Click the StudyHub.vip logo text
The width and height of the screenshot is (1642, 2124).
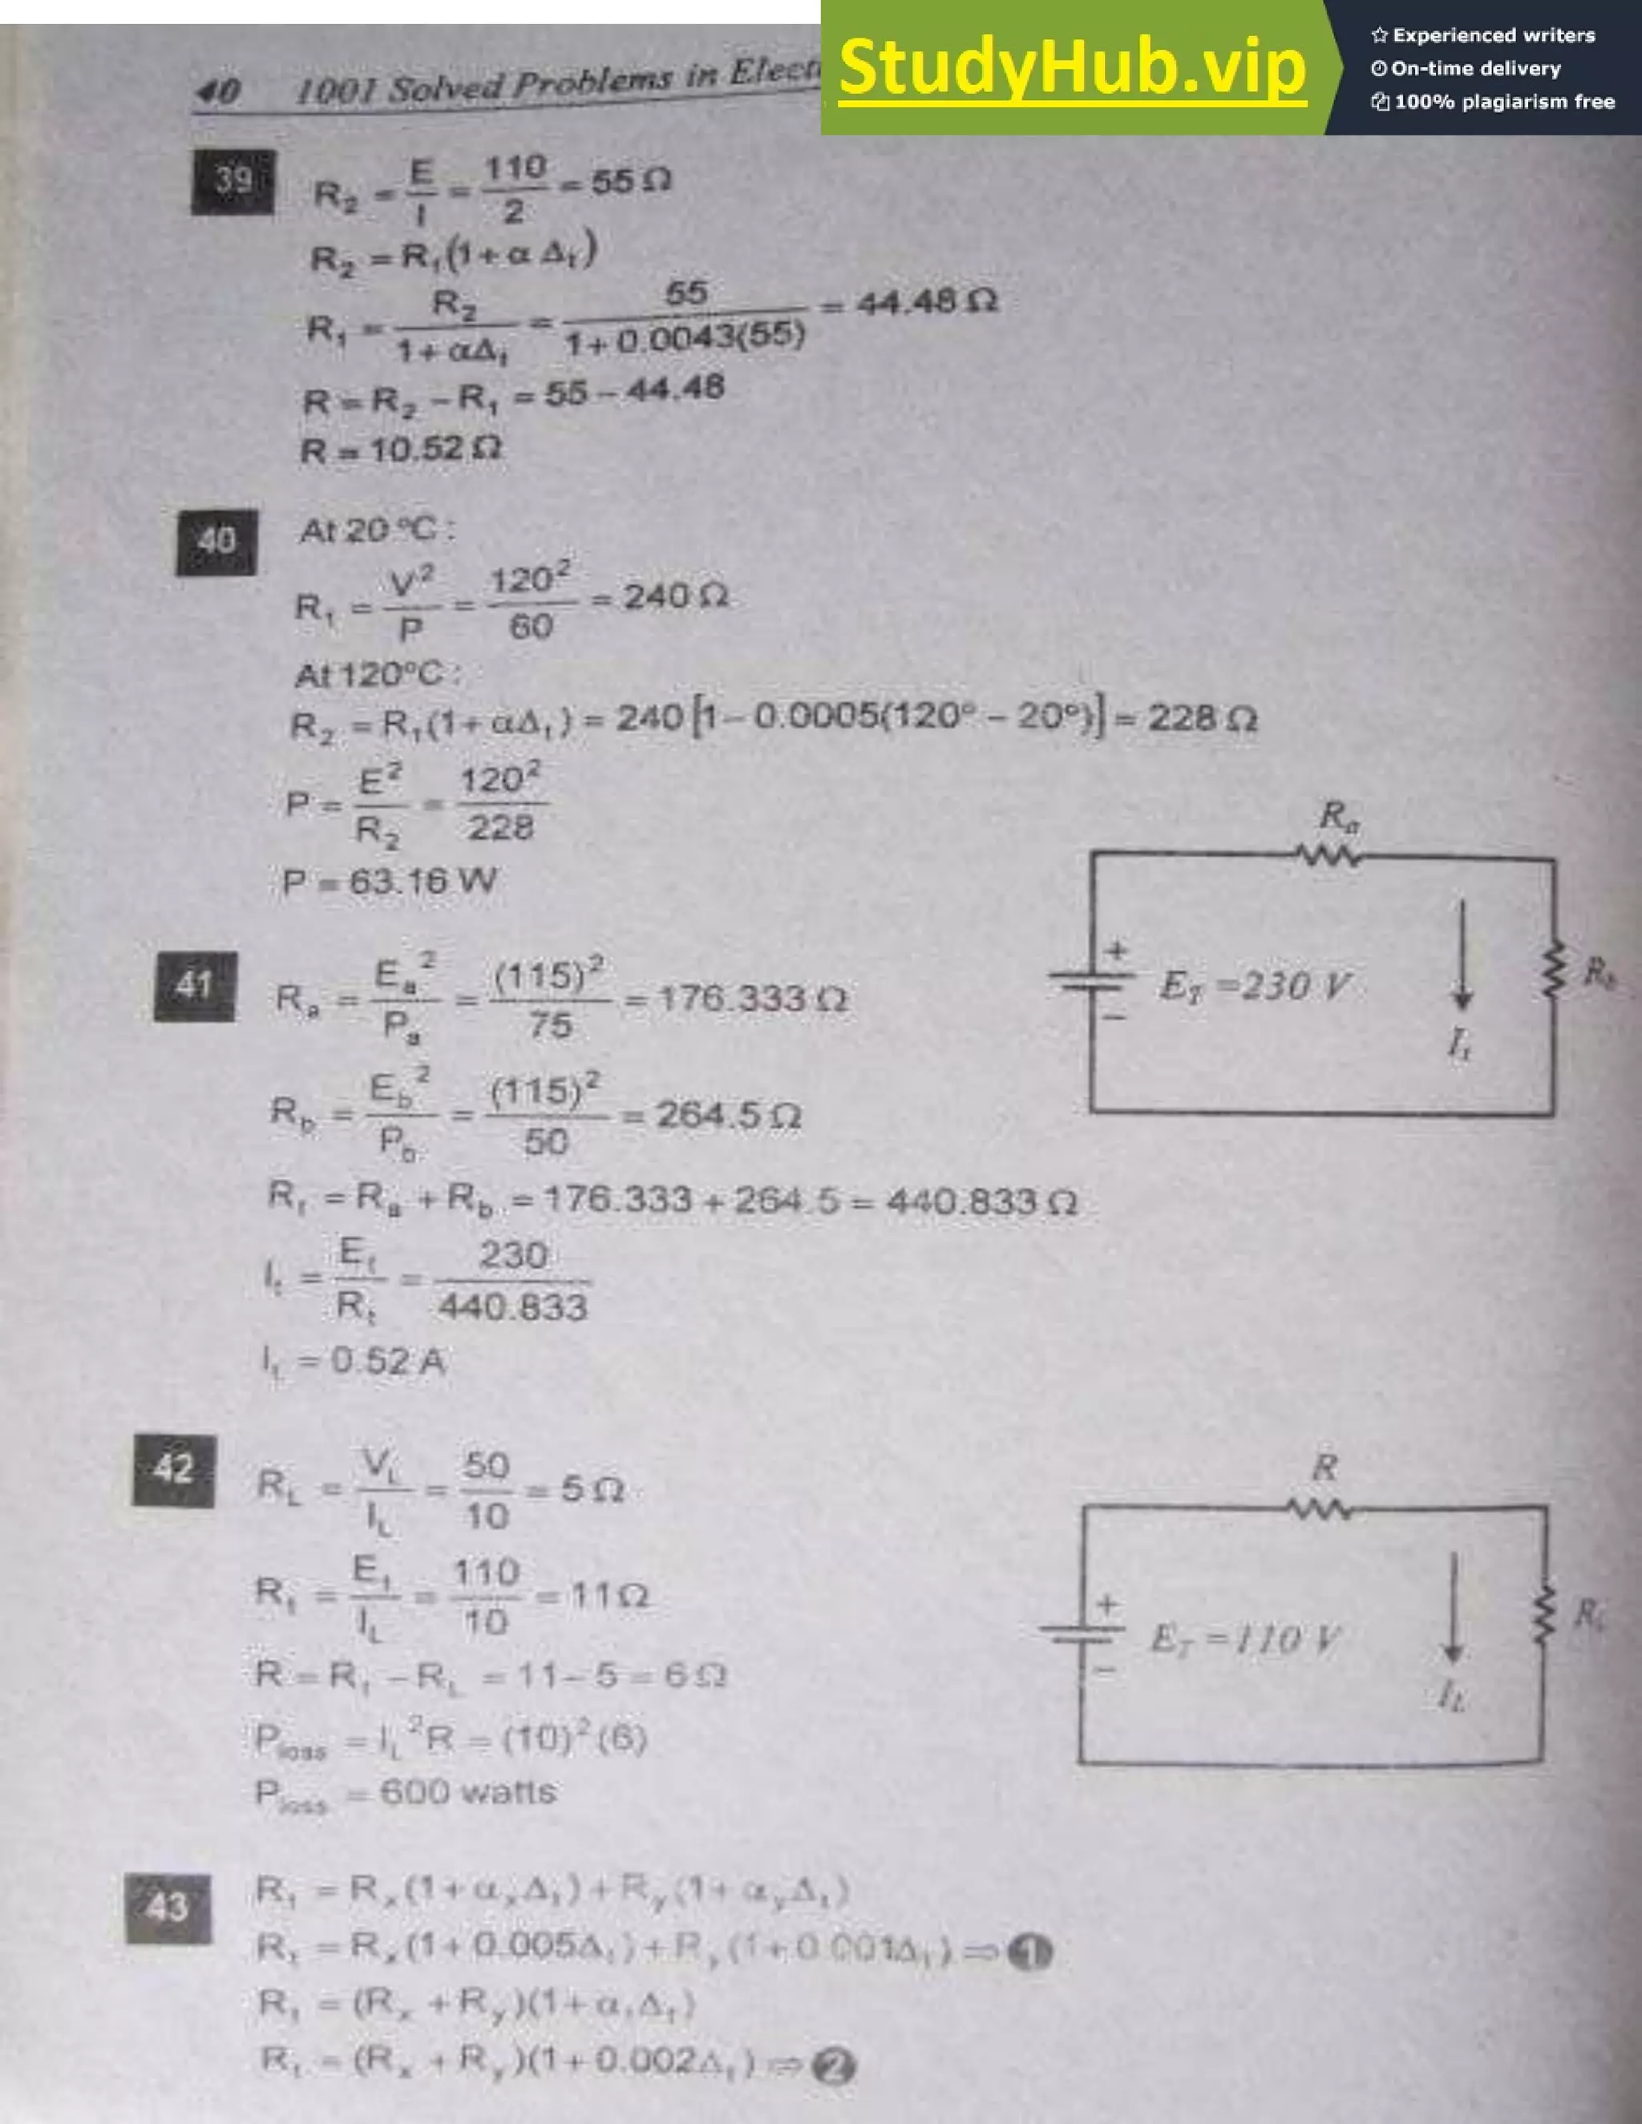point(1071,68)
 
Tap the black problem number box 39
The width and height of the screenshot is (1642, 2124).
point(233,181)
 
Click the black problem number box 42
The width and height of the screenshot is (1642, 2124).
point(174,1469)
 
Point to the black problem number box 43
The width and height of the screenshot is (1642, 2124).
point(168,1908)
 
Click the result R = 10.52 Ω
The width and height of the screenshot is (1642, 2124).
point(402,450)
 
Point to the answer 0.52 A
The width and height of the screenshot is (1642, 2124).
point(387,1361)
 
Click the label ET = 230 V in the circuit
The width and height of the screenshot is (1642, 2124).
point(1255,986)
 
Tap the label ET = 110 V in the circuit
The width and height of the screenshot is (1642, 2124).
point(1244,1640)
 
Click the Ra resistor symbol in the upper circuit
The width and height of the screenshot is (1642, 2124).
point(1329,856)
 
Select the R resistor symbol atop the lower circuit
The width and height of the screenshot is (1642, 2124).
point(1319,1509)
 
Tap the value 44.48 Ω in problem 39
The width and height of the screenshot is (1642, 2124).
point(925,304)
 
